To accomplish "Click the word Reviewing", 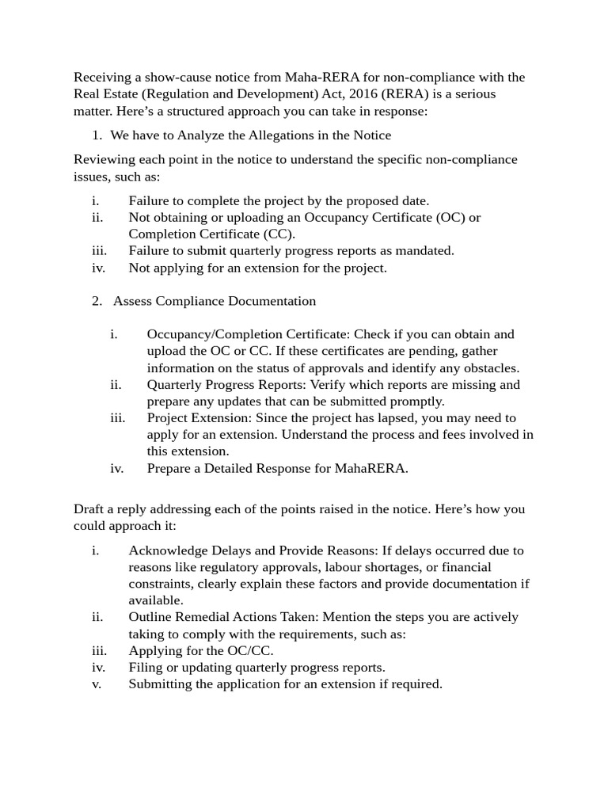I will (104, 160).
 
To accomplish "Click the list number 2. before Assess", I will (97, 301).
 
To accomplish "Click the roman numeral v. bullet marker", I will (97, 683).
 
